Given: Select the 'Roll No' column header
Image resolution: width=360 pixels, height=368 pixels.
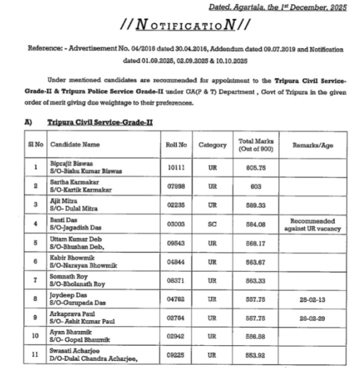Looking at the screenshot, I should click(177, 145).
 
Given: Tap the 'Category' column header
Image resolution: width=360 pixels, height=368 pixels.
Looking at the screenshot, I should click(212, 145).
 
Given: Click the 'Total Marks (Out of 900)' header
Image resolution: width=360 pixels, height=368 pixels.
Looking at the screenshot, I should click(256, 145).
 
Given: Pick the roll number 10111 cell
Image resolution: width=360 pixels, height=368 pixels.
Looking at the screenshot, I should click(176, 167).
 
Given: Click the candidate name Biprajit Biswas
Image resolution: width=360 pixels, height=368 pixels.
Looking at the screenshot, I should click(65, 163).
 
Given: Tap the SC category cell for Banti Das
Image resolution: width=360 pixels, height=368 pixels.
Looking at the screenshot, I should click(212, 224).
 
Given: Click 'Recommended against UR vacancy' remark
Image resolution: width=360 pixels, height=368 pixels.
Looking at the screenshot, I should click(313, 225).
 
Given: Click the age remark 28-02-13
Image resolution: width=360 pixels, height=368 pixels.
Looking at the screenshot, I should click(313, 299).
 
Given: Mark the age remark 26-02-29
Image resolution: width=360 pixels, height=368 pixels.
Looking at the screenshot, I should click(313, 318).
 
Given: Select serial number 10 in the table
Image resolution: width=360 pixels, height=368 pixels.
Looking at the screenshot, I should click(36, 336).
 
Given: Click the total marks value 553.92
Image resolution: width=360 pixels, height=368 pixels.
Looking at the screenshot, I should click(256, 355).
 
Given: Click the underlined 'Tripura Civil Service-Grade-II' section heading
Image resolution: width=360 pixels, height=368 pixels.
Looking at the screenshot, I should click(100, 122).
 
